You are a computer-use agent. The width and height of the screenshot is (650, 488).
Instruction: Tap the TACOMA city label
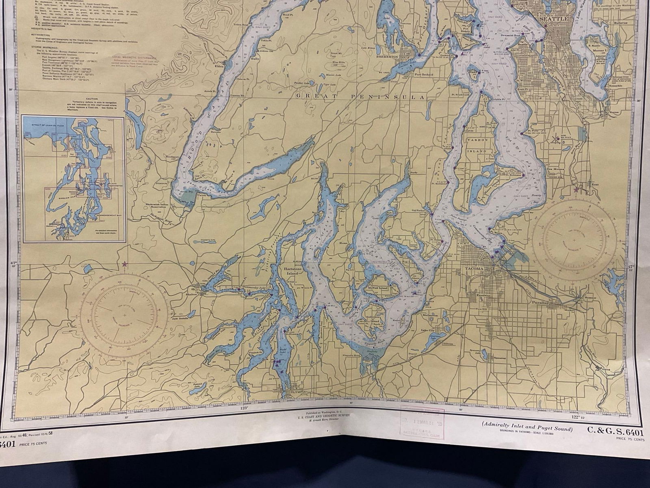tap(474, 269)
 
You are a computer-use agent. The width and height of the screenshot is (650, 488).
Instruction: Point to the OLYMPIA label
tap(297, 392)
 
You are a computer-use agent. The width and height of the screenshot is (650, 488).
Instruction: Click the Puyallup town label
tap(541, 303)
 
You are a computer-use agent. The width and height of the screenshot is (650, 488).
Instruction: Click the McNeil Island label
tap(383, 287)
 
